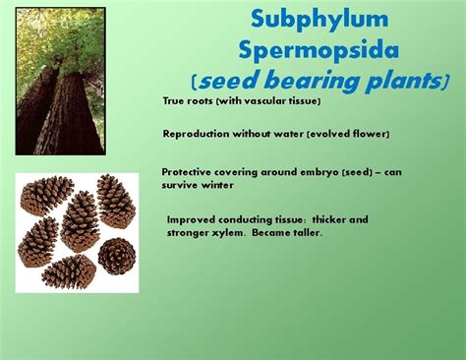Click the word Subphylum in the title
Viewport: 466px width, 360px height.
coord(306,19)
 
